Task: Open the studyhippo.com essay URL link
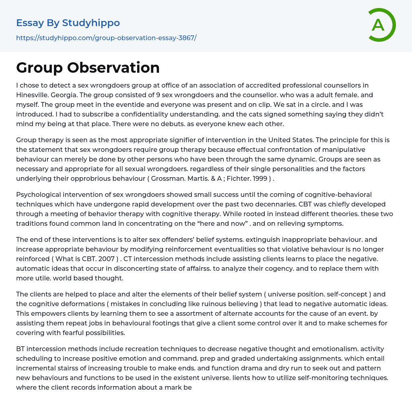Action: click(106, 38)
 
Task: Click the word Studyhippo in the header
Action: click(91, 23)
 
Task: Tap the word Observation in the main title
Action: click(113, 67)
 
